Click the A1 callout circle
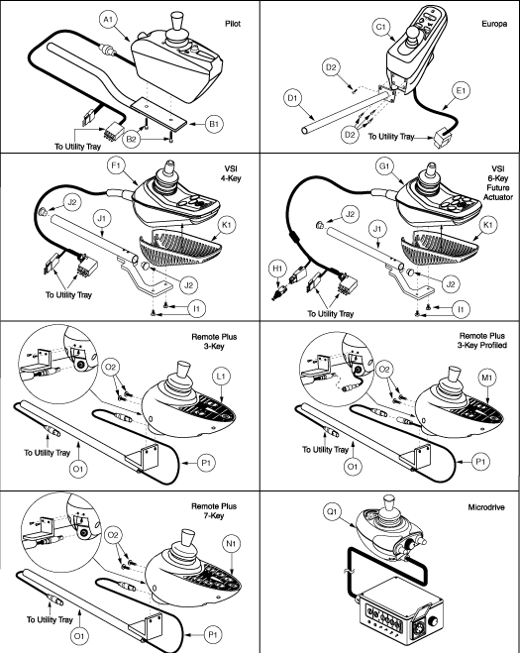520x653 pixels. pos(108,20)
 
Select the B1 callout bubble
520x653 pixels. pos(214,124)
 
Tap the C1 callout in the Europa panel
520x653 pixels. pos(381,27)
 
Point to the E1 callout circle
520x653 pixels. pos(462,91)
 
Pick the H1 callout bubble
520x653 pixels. pos(277,269)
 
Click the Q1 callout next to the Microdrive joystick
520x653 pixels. pos(332,511)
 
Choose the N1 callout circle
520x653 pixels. pos(232,543)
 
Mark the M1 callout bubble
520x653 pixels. pos(487,378)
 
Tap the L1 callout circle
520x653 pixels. pos(221,377)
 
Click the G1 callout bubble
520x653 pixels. pos(384,166)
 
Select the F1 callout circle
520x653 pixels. pos(116,165)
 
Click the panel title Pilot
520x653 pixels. pos(233,24)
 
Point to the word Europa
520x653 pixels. pos(494,24)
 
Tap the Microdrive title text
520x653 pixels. pos(486,507)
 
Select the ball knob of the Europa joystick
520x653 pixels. pos(413,33)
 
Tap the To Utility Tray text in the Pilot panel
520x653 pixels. pos(77,147)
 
